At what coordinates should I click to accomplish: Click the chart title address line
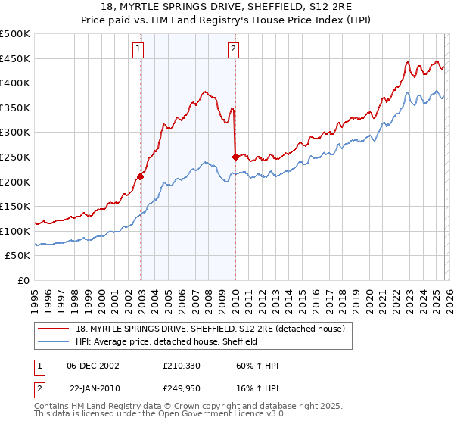click(x=227, y=7)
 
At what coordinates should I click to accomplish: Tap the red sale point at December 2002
click(x=141, y=177)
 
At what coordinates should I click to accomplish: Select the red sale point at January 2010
click(x=235, y=157)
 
